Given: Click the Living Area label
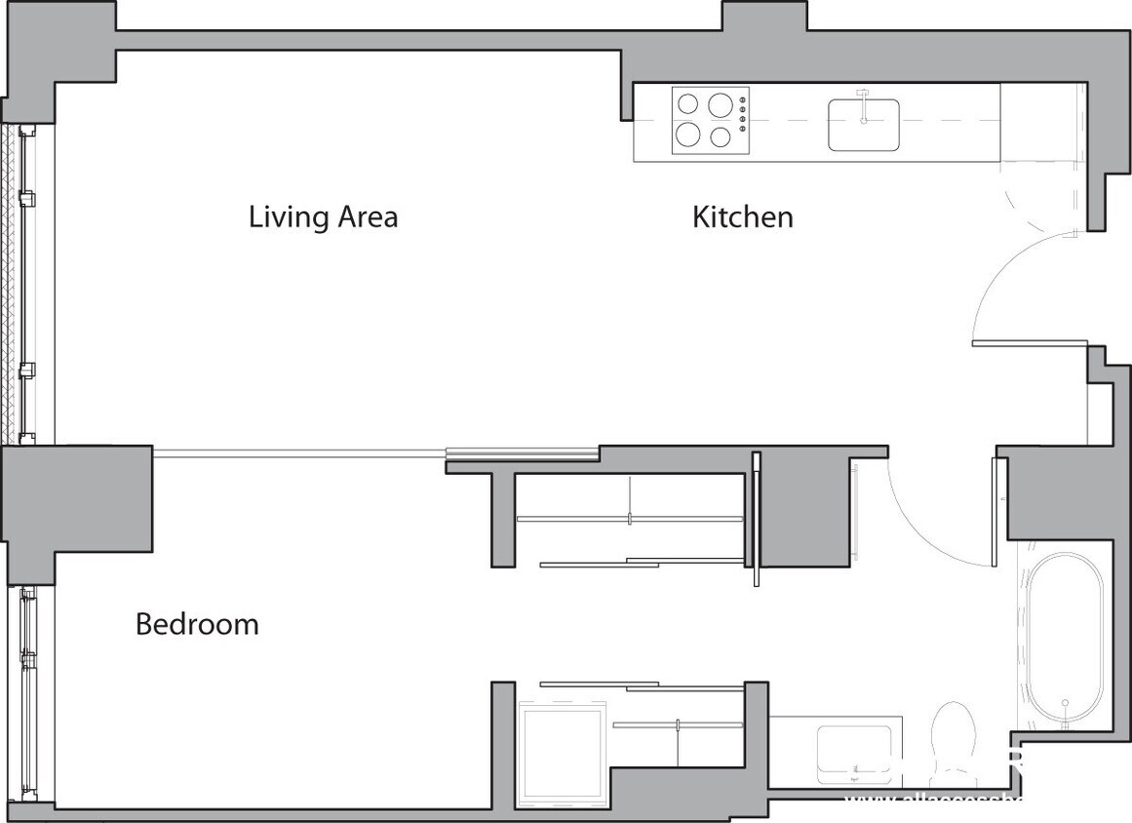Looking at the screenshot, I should (x=323, y=216).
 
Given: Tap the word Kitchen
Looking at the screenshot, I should (x=742, y=216).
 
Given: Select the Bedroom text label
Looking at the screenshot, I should (x=197, y=623).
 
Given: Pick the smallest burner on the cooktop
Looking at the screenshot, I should (x=721, y=137).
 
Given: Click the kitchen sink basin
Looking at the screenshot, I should (x=863, y=125).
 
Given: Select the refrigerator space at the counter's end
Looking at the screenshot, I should (x=1041, y=122).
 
